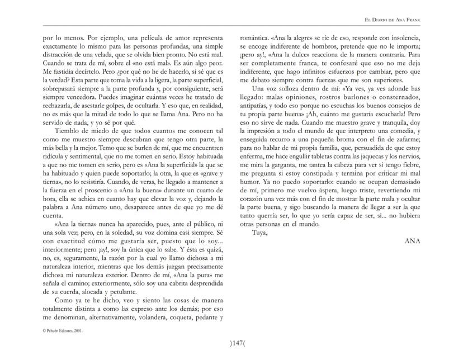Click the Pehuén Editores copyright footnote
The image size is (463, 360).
(x=64, y=330)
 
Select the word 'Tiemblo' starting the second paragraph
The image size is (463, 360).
(x=68, y=138)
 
